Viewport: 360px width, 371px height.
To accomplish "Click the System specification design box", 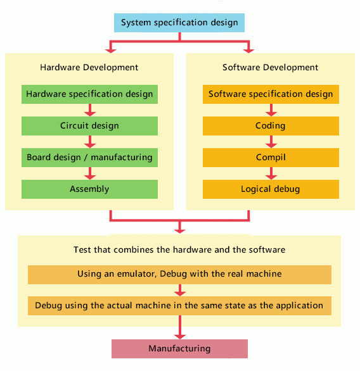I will (180, 23).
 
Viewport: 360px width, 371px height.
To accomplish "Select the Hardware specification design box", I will (89, 94).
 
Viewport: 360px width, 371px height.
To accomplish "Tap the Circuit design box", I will (89, 125).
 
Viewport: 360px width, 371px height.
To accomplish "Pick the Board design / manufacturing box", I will (89, 157).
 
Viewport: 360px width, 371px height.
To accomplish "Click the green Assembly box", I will (89, 189).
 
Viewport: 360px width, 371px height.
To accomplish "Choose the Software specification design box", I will (271, 94).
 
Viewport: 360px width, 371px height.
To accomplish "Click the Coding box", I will (271, 125).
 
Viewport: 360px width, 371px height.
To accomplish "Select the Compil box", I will (271, 157).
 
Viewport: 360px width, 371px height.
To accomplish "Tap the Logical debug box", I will (271, 189).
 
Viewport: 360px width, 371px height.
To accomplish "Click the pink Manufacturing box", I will (179, 348).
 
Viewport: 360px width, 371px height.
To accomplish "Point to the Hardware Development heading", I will (89, 67).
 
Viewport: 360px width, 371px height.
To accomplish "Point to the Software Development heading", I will (271, 67).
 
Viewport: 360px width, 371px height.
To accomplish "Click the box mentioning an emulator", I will (179, 274).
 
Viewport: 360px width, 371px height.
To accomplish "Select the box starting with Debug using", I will (179, 305).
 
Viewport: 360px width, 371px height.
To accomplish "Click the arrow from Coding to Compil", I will (271, 141).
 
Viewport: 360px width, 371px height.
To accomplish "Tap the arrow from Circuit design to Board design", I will (89, 141).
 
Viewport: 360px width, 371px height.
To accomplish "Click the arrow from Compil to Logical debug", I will (271, 173).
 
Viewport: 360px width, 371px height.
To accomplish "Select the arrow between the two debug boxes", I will (179, 290).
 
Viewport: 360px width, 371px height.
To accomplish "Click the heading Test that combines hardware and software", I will (179, 249).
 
